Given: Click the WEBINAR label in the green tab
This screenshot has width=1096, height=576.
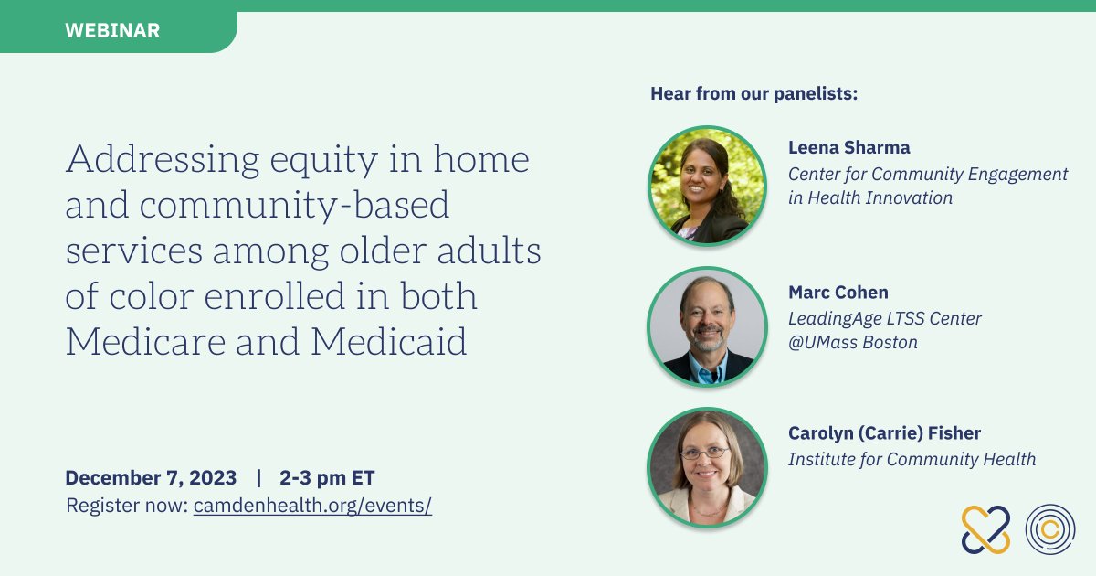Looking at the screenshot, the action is point(112,30).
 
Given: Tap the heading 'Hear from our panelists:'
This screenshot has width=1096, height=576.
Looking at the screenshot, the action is point(754,93).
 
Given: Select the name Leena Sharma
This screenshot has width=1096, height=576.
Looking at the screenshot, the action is point(848,147).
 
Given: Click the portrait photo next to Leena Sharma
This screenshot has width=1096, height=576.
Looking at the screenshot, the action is point(708,186).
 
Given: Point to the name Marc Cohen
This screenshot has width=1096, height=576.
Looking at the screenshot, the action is point(838,293).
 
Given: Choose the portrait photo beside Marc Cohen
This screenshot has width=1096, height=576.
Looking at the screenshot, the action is point(708,326).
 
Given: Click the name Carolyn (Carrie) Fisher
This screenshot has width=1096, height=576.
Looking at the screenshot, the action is point(885,433).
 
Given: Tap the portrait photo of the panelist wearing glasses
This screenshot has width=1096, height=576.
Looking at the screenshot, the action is point(708,468).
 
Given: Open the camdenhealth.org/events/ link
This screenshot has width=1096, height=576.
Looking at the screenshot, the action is point(312,506).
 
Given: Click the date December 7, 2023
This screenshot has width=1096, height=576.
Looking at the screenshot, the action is point(151,477).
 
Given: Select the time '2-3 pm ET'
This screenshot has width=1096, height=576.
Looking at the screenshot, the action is point(327,478).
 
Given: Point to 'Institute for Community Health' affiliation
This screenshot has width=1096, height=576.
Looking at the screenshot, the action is point(912,459).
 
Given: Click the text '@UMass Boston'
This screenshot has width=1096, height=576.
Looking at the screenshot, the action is point(853,342).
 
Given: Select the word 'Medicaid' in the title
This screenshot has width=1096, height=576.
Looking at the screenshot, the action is point(389,341).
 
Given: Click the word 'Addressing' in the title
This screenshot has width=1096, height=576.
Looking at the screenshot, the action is point(163,160).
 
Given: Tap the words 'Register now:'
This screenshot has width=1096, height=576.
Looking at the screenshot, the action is point(127,506).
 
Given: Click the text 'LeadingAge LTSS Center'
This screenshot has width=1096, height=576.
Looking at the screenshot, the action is point(885,319).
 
